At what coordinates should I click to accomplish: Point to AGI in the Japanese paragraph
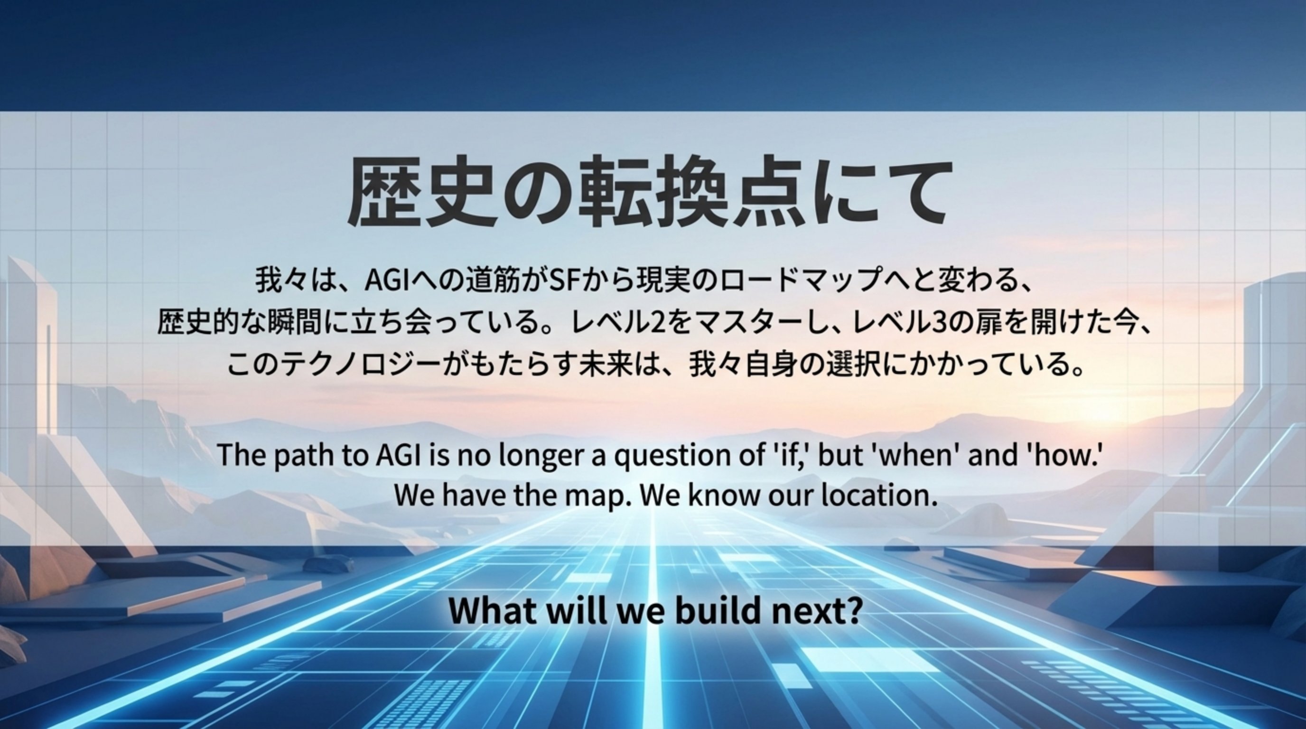[x=387, y=280]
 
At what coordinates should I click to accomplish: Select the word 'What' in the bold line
[x=492, y=610]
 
